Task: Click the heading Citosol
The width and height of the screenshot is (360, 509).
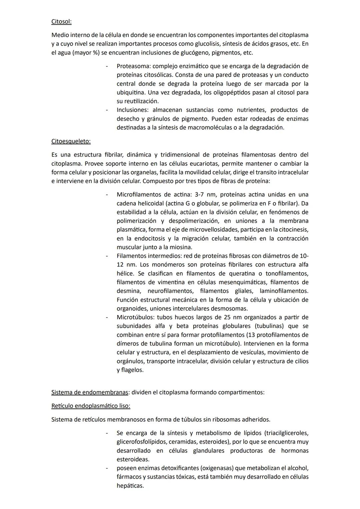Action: click(61, 22)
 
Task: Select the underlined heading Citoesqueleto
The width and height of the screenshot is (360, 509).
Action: click(71, 141)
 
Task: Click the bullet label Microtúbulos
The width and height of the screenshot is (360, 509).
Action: click(135, 317)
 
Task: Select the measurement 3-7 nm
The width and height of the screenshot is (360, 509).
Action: click(204, 194)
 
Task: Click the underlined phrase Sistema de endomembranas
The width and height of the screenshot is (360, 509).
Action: click(90, 392)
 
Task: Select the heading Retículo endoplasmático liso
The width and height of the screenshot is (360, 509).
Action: click(91, 406)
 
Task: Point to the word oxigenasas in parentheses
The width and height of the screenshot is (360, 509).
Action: click(212, 468)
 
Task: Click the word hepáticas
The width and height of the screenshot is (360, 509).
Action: click(130, 486)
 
